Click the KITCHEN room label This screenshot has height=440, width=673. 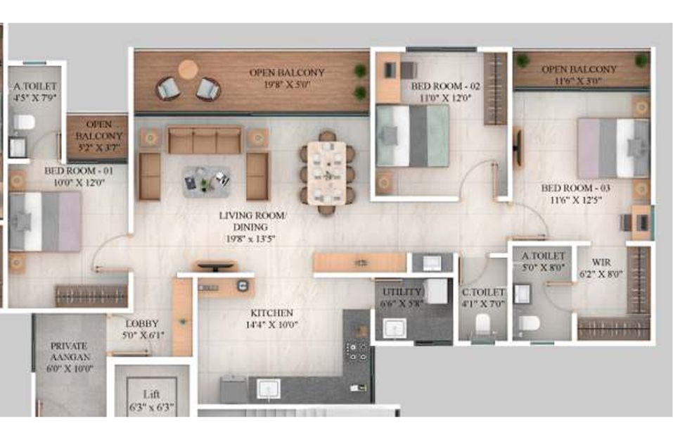[271, 313]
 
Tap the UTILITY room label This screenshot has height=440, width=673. [402, 292]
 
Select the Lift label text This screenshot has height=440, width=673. [151, 394]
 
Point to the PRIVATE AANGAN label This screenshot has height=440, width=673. [70, 351]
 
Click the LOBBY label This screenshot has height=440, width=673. [142, 324]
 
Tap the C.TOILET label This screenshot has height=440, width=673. [483, 292]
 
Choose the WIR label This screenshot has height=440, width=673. [601, 262]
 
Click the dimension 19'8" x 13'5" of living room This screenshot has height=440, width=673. [251, 239]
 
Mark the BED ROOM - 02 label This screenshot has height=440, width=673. [445, 86]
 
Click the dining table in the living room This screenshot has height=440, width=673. [326, 172]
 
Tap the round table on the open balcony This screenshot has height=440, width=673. [188, 69]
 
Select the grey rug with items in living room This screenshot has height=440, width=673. [207, 182]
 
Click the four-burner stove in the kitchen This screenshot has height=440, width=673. [357, 351]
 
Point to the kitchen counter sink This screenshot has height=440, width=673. [269, 389]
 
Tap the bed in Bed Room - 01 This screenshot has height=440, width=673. [45, 221]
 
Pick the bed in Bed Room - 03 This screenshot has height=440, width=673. [613, 148]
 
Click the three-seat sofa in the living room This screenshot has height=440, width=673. [205, 140]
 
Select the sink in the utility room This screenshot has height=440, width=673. [395, 328]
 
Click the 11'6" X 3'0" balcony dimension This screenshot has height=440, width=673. [579, 80]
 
